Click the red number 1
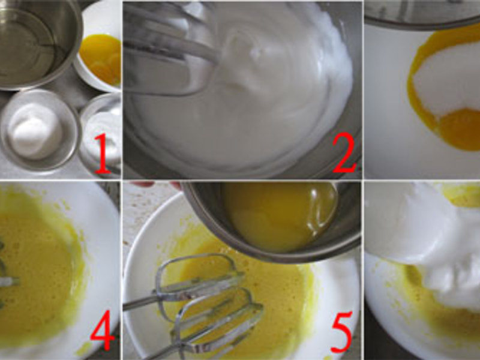[102, 154]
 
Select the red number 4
[102, 334]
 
